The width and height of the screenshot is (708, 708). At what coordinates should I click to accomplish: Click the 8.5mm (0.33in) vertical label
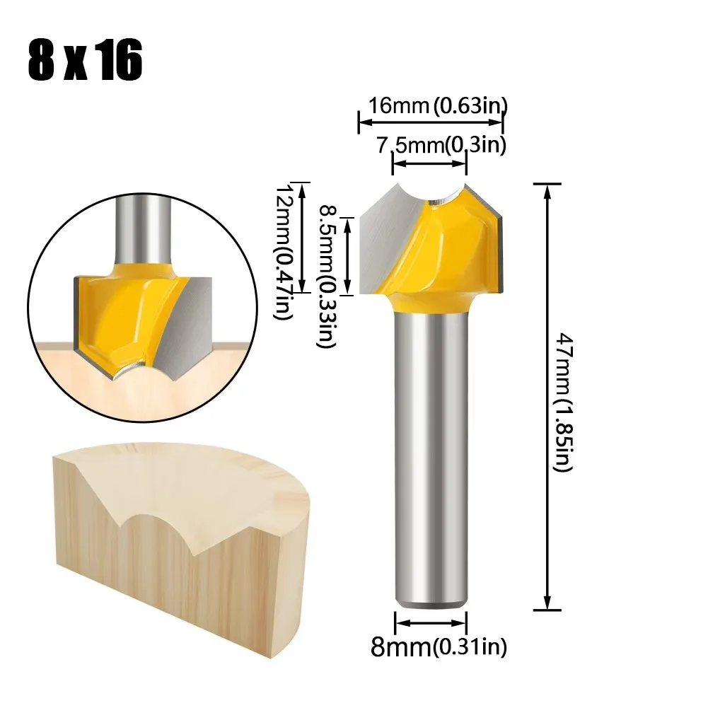327,276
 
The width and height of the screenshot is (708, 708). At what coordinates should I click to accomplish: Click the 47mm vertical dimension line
546,396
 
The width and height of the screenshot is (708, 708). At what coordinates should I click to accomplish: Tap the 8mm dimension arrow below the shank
430,622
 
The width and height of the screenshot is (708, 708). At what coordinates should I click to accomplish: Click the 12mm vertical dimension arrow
303,238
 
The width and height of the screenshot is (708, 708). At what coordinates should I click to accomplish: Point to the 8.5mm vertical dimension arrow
348,255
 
